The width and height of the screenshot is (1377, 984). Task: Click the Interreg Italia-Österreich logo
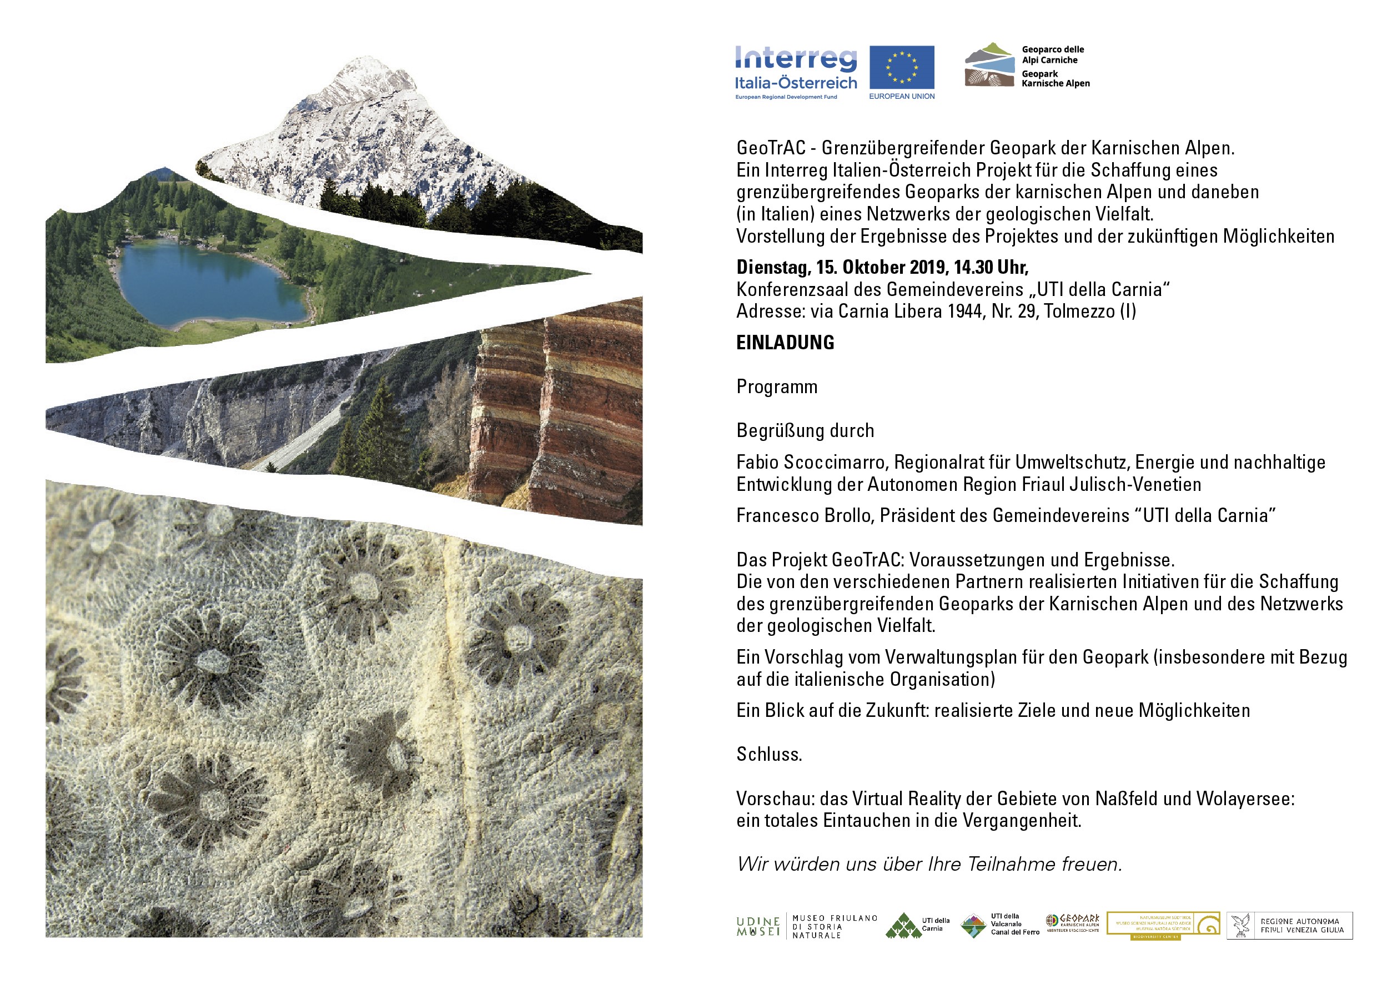click(x=796, y=72)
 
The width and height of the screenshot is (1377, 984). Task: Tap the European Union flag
click(x=902, y=67)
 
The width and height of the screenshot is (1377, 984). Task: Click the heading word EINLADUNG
click(x=785, y=343)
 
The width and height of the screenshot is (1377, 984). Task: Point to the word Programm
click(x=777, y=386)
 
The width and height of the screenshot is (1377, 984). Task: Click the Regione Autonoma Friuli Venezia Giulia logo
click(x=1289, y=926)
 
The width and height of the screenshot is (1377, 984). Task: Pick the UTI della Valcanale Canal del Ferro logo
click(x=1000, y=925)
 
